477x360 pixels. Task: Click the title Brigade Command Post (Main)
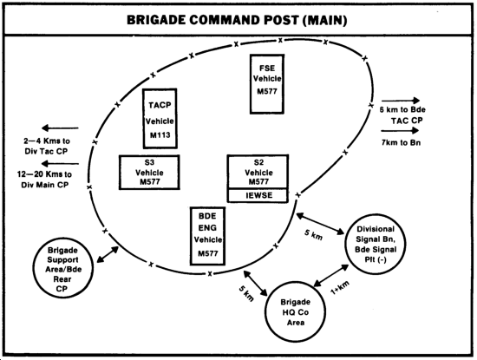[237, 20]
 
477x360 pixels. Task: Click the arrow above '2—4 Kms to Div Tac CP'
[60, 128]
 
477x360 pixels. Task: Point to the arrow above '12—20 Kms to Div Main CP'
[60, 164]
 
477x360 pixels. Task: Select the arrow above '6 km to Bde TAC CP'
[401, 101]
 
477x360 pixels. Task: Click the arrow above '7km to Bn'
[400, 131]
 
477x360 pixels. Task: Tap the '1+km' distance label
[340, 288]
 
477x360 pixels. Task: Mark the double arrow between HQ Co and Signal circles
[331, 276]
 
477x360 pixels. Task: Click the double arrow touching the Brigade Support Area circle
[108, 254]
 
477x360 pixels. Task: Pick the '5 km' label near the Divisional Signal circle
[313, 234]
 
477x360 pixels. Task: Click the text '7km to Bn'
[401, 142]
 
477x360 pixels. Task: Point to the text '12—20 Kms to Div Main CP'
[45, 180]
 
